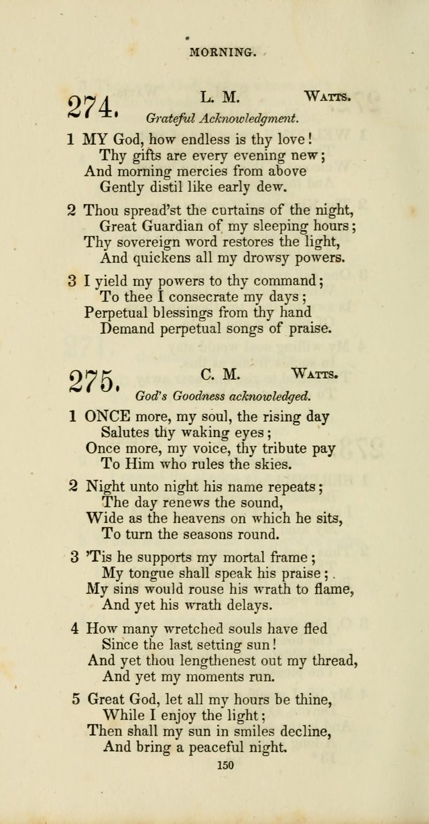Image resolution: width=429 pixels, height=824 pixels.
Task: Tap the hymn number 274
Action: pos(93,107)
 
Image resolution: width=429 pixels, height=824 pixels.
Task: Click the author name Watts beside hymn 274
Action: pos(328,97)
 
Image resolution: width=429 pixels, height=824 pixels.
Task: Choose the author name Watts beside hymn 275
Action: pos(315,373)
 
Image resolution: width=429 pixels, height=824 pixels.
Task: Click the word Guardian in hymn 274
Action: pos(177,226)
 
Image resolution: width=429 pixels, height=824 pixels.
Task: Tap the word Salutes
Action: pos(126,432)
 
